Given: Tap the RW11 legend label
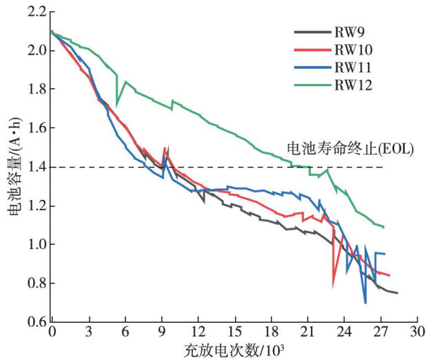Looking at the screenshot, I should click(352, 68).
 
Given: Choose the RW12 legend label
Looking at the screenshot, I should click(352, 85).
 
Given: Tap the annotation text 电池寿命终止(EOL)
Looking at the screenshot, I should click(349, 148).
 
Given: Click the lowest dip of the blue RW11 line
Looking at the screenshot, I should click(365, 302).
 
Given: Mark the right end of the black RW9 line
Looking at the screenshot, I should click(397, 293).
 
